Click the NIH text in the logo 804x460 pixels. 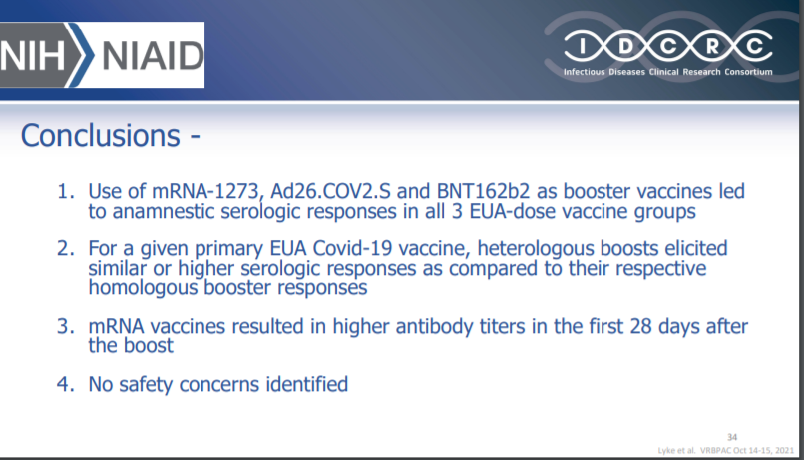[32, 56]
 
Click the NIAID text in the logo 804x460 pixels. [153, 56]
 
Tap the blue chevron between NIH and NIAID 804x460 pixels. [81, 54]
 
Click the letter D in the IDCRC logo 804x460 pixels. [625, 47]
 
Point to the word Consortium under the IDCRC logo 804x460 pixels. [748, 72]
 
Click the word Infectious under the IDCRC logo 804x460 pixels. [584, 72]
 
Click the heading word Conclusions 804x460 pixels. [101, 135]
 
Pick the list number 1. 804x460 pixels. [65, 191]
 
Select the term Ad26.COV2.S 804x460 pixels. [330, 191]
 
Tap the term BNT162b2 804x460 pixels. [483, 191]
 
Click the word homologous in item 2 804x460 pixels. [143, 287]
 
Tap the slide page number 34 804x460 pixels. [732, 437]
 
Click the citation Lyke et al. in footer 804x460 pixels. [677, 451]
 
